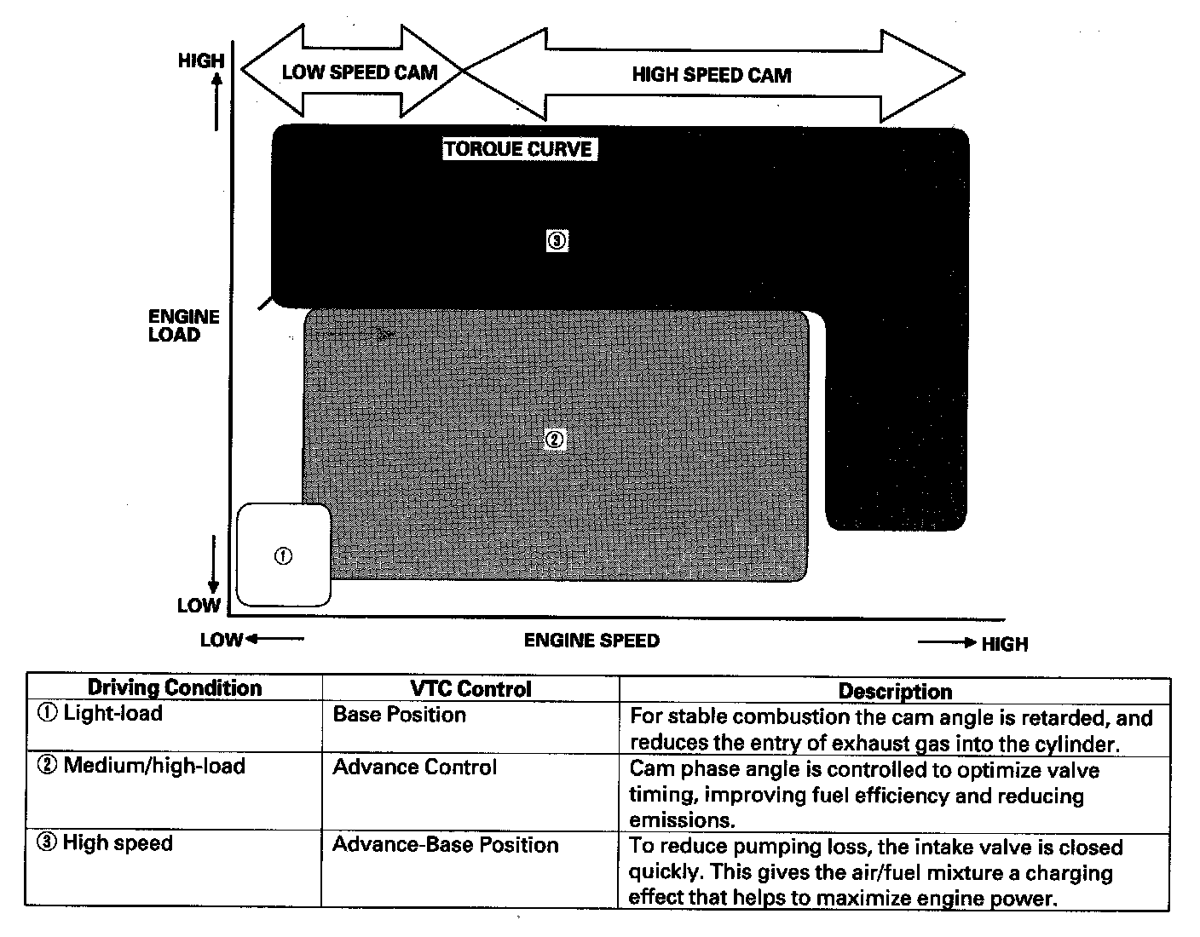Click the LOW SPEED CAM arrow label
tap(359, 72)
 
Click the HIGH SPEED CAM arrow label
tap(711, 75)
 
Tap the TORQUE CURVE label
tap(518, 150)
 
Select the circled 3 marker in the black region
tap(557, 241)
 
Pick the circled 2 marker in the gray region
tap(554, 440)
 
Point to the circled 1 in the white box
tap(283, 555)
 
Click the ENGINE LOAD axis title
tap(183, 325)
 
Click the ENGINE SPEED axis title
tap(591, 641)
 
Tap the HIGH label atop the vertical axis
tap(201, 60)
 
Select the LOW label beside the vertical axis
tap(199, 606)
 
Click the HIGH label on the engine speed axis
tap(1005, 644)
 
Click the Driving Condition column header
tap(175, 688)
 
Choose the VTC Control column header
tap(470, 689)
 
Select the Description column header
tap(895, 691)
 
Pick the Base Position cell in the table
tap(399, 715)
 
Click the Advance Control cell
tap(414, 767)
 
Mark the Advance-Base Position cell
tap(445, 845)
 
